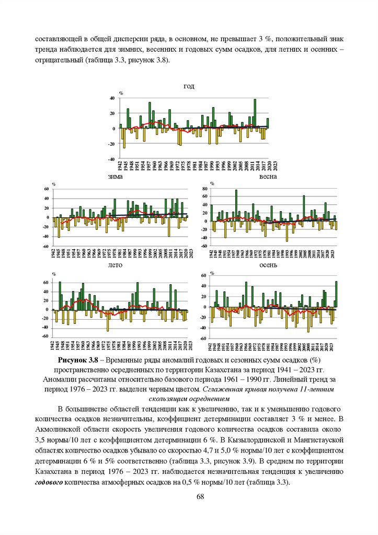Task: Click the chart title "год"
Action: point(189,86)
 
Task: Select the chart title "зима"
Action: point(115,177)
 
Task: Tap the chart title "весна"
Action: point(268,177)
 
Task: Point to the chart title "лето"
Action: point(116,265)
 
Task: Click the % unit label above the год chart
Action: point(121,93)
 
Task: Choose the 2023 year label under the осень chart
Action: point(336,348)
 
